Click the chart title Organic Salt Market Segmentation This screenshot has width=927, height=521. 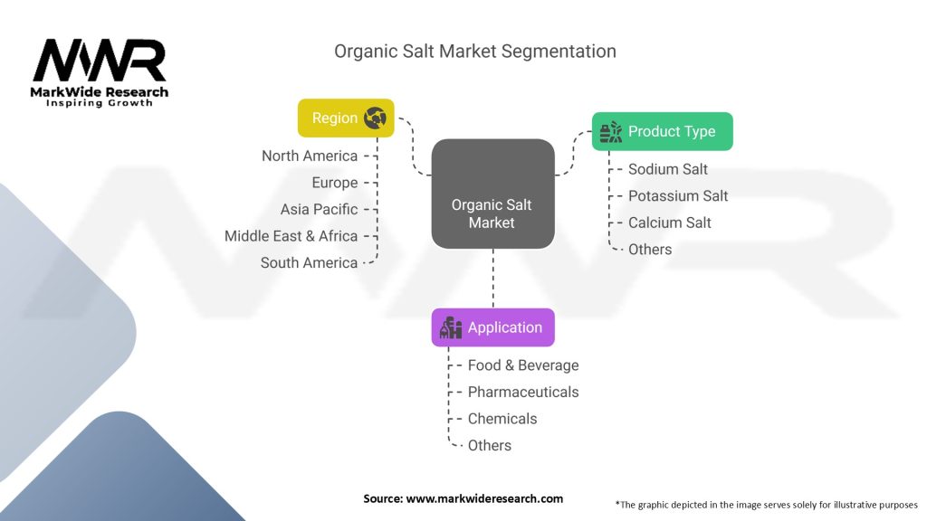click(x=475, y=51)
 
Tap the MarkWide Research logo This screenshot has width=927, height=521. click(x=100, y=72)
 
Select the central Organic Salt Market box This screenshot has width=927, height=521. click(x=492, y=194)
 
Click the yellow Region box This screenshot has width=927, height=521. click(x=346, y=118)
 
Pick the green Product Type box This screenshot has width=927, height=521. click(x=662, y=131)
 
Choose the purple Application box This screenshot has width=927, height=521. click(x=492, y=327)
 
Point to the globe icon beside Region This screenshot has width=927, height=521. click(x=375, y=118)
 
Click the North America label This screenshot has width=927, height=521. click(x=310, y=156)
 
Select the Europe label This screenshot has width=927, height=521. click(x=335, y=183)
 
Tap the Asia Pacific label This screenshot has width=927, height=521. click(x=320, y=209)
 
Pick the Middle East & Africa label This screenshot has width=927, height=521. click(x=291, y=236)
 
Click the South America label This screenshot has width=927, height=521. click(x=309, y=262)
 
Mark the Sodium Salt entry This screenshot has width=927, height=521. click(x=668, y=169)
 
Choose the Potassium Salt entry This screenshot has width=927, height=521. click(x=678, y=195)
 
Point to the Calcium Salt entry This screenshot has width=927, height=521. click(x=670, y=223)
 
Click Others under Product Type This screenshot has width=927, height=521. click(x=650, y=249)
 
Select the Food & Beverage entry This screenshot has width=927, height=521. click(x=523, y=365)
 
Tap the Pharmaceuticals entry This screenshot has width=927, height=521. click(x=523, y=392)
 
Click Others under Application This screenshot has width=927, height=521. click(x=490, y=445)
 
